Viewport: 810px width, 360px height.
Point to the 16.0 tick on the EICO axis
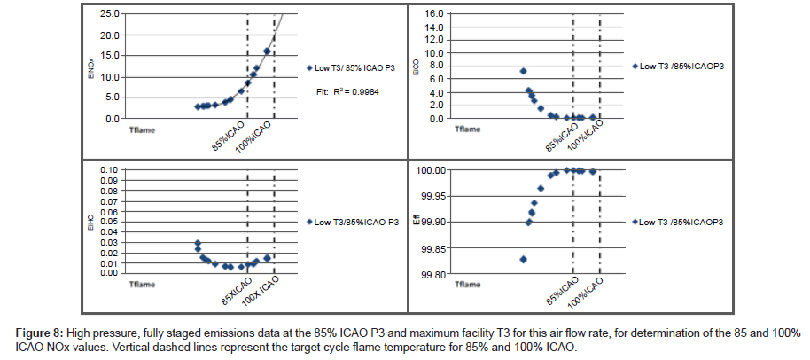(x=432, y=14)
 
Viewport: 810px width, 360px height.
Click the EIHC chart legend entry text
(x=354, y=222)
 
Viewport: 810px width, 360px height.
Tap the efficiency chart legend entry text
(x=677, y=223)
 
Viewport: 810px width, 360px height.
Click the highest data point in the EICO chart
(x=523, y=71)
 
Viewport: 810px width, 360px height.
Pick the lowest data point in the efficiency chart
(x=523, y=259)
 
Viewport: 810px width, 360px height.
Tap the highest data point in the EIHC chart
(x=198, y=243)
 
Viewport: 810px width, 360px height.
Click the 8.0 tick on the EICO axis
(x=436, y=66)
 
